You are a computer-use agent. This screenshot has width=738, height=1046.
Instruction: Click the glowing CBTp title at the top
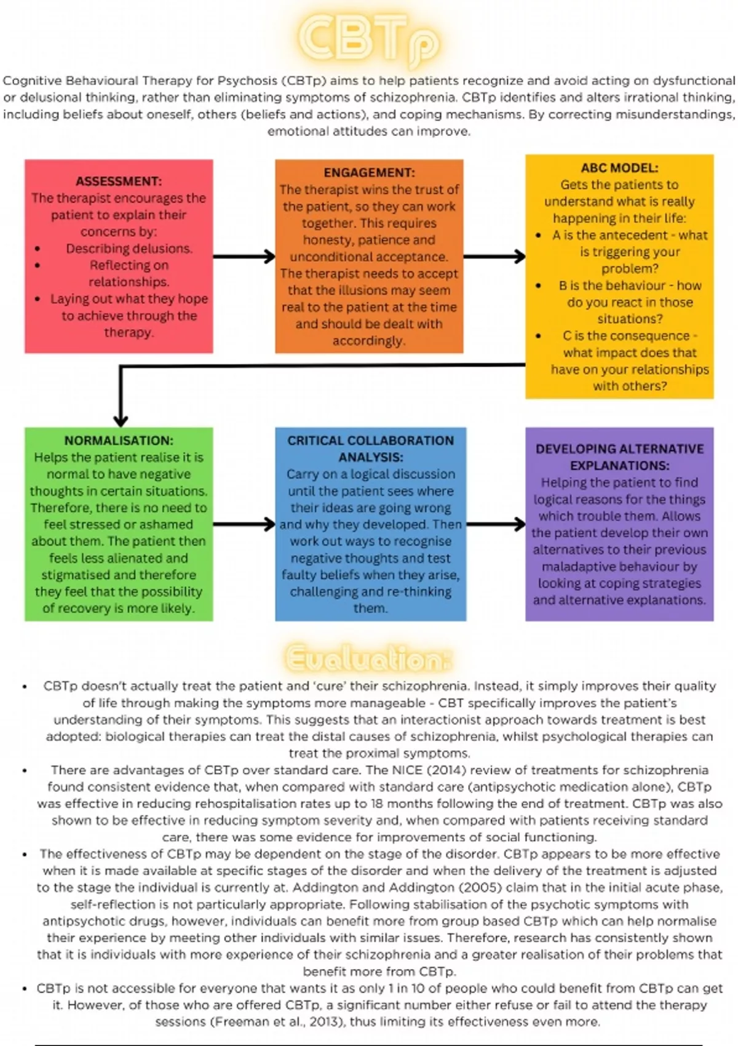[x=369, y=40]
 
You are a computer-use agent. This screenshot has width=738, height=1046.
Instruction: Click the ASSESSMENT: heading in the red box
[x=119, y=181]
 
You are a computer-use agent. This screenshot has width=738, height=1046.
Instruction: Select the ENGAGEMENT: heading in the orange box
[x=369, y=172]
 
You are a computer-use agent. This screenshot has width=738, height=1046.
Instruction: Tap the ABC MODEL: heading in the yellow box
[x=619, y=167]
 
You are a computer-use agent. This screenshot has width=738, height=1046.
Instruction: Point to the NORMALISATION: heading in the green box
[x=119, y=441]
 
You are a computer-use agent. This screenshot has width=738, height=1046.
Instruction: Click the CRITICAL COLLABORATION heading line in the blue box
[x=370, y=441]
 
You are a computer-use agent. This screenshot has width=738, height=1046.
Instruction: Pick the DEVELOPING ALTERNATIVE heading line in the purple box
[x=619, y=449]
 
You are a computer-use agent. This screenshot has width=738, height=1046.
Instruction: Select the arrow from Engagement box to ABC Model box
[x=494, y=257]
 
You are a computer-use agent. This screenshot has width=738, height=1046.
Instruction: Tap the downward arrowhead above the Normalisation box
[x=121, y=420]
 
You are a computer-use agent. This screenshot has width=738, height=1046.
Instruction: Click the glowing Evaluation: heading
[x=368, y=659]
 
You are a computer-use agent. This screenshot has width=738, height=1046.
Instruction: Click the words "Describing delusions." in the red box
[x=129, y=249]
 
